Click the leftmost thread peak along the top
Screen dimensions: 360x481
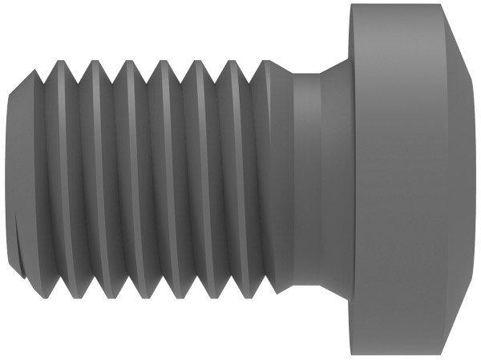pyautogui.click(x=34, y=72)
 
